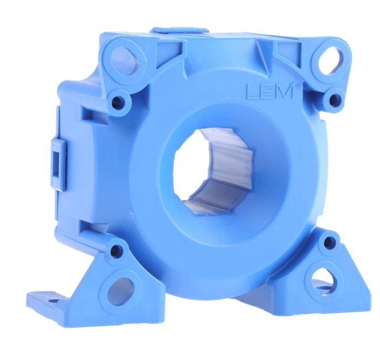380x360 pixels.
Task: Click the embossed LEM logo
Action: click(270, 91)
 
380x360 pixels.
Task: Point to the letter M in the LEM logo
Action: click(285, 91)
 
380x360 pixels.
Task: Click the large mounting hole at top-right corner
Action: click(330, 59)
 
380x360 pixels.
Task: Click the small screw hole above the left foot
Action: click(116, 251)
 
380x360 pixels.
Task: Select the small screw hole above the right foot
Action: click(330, 243)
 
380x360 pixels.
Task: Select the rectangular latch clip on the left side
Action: click(59, 158)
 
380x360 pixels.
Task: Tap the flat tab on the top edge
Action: click(179, 31)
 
